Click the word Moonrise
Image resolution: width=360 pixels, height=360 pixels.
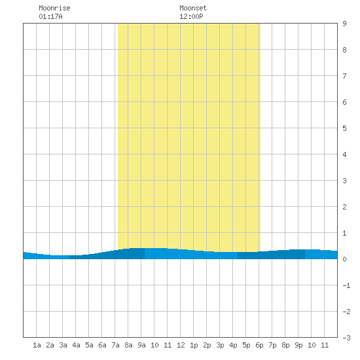click(54, 8)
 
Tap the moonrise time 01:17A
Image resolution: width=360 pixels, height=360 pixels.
click(50, 16)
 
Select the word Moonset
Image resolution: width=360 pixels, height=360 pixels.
click(193, 8)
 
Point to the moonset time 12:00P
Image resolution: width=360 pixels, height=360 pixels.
click(191, 16)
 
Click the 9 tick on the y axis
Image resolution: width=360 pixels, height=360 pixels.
click(344, 24)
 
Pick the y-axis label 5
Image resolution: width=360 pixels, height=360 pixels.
click(344, 128)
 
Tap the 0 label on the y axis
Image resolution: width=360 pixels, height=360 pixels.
click(344, 259)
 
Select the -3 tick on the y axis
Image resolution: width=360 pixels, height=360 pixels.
click(346, 338)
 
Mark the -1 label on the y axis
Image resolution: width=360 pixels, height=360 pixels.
click(346, 285)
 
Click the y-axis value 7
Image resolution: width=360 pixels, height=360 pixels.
click(344, 76)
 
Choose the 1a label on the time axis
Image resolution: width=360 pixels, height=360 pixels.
click(37, 345)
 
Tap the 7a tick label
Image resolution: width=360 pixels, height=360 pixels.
click(115, 345)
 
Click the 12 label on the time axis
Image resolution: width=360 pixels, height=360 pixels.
click(181, 345)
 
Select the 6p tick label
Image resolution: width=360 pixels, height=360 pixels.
click(259, 345)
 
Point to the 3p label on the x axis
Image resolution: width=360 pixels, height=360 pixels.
click(220, 345)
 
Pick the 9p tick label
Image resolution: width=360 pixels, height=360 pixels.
click(298, 345)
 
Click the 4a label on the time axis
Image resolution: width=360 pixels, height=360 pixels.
click(76, 345)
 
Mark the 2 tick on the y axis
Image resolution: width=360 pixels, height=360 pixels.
click(344, 207)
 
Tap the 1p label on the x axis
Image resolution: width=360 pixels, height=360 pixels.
click(194, 345)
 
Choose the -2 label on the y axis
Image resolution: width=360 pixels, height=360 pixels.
click(346, 312)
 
